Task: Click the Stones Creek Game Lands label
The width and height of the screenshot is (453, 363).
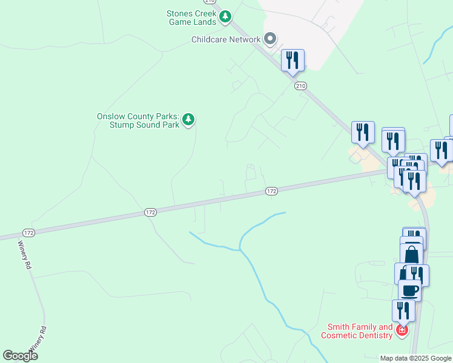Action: click(191, 18)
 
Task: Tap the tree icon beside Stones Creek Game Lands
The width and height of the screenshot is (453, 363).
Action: click(225, 16)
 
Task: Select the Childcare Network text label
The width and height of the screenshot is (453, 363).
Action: click(226, 40)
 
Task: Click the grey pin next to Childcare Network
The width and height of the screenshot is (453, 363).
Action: click(271, 39)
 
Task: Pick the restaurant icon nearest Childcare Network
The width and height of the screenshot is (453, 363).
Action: click(293, 60)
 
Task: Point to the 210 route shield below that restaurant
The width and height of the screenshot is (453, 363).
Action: click(301, 86)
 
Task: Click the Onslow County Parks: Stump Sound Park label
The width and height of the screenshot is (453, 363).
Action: click(138, 121)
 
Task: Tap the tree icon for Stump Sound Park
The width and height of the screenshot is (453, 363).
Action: click(189, 120)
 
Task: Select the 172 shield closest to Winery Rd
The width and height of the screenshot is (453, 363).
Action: click(28, 233)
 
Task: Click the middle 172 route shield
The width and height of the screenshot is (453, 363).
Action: click(151, 212)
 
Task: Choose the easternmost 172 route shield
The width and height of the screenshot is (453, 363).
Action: click(271, 191)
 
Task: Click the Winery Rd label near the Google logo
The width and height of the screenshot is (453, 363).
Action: click(39, 340)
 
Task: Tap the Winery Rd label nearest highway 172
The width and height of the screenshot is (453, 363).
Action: click(24, 255)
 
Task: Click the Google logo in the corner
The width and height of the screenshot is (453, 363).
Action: click(20, 356)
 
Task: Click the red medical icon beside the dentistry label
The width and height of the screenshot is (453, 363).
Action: click(401, 330)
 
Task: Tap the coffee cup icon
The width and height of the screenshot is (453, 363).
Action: click(409, 289)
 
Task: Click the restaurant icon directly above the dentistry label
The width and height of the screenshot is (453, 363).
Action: click(403, 310)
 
